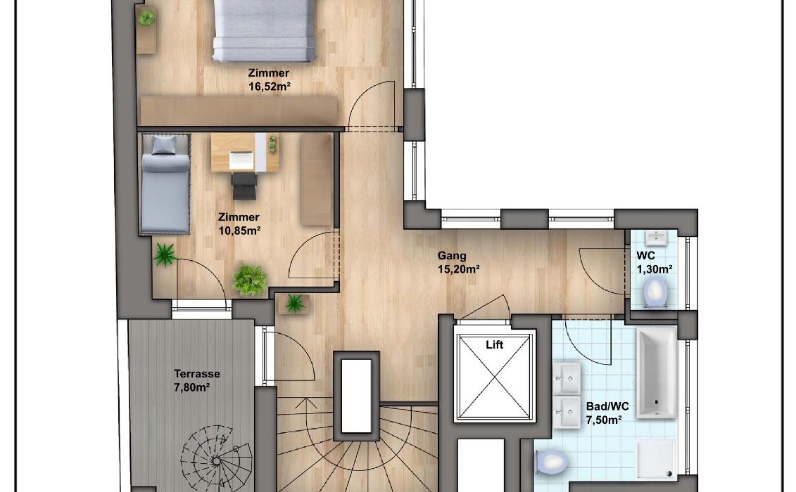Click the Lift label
pyautogui.click(x=494, y=345)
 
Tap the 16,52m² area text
pyautogui.click(x=269, y=86)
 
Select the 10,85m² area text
pyautogui.click(x=239, y=231)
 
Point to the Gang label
pyautogui.click(x=452, y=256)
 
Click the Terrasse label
pyautogui.click(x=197, y=374)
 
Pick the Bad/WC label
pyautogui.click(x=607, y=406)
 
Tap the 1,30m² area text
pyautogui.click(x=655, y=268)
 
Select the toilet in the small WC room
pyautogui.click(x=655, y=293)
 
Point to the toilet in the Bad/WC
pyautogui.click(x=551, y=462)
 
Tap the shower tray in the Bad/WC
pyautogui.click(x=657, y=458)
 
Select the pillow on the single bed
pyautogui.click(x=163, y=145)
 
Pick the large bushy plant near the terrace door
pyautogui.click(x=250, y=280)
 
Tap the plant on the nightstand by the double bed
pyautogui.click(x=146, y=19)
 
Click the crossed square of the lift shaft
pyautogui.click(x=495, y=376)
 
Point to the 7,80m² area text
pyautogui.click(x=192, y=387)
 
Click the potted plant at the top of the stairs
pyautogui.click(x=295, y=304)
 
